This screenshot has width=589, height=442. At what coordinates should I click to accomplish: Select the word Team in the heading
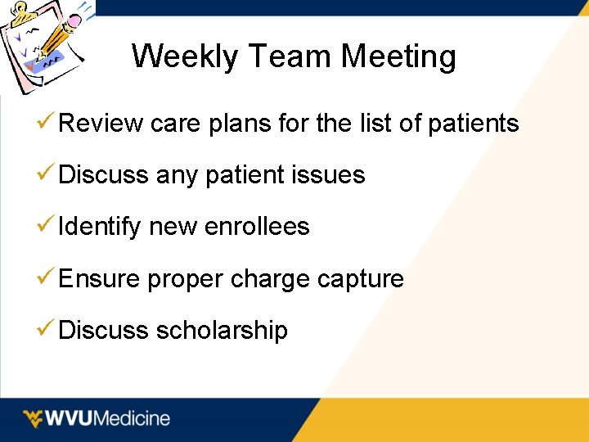click(292, 56)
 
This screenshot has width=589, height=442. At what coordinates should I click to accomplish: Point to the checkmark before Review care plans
click(47, 123)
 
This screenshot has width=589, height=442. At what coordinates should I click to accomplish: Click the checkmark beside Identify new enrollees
click(47, 226)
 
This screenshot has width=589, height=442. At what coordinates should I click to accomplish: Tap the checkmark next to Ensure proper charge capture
click(47, 278)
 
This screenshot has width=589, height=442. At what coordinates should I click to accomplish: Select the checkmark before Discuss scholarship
click(47, 330)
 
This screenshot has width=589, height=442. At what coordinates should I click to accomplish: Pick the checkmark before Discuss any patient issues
click(47, 174)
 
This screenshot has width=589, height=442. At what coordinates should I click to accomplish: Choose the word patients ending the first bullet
click(474, 124)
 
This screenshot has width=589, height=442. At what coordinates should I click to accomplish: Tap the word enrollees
click(258, 227)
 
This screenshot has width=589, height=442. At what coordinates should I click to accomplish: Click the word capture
click(360, 279)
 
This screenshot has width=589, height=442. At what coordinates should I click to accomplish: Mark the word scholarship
click(222, 331)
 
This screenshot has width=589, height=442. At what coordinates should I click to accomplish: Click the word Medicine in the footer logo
click(133, 418)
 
